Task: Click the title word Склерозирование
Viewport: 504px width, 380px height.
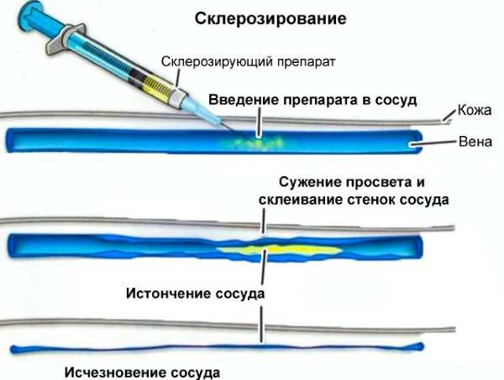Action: coord(270,18)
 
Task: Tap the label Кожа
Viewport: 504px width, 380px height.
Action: coord(475,110)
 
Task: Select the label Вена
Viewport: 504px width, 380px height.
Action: coord(475,142)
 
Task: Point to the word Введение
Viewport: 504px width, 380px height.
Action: coord(244,100)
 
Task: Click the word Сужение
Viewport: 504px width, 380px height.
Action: coord(309,182)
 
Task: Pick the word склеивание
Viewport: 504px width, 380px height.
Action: coord(301,200)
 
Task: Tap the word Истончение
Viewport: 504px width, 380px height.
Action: coord(168,293)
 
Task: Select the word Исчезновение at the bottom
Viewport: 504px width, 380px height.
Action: coord(115,372)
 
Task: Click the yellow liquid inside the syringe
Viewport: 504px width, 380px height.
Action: coord(158,86)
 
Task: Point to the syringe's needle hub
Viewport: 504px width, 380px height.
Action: coord(179,97)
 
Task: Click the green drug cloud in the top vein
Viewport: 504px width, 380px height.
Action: coord(254,142)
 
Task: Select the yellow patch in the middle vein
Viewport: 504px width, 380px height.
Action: coord(278,249)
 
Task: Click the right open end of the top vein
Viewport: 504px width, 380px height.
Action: coord(417,142)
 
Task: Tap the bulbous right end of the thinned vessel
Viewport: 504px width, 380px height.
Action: coord(419,346)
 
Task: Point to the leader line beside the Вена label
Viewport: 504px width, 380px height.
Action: coord(434,143)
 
